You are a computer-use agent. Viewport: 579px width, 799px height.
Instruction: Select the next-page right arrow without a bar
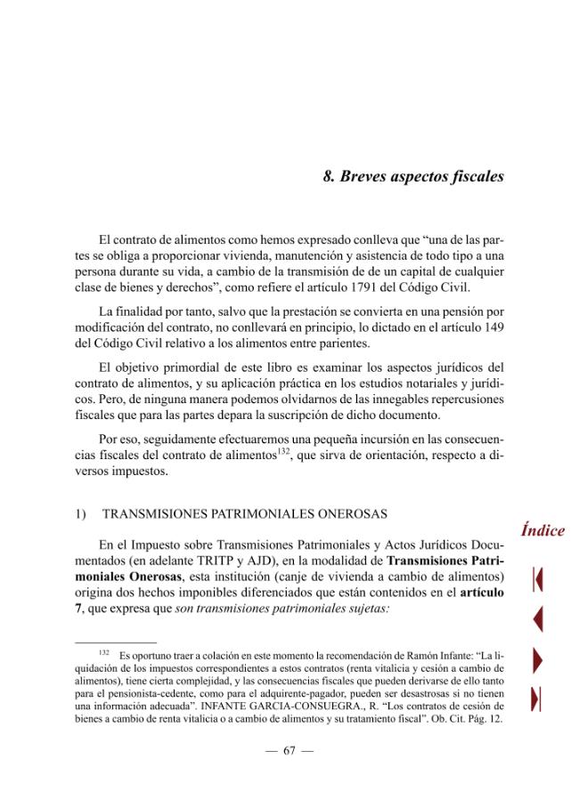[x=537, y=659]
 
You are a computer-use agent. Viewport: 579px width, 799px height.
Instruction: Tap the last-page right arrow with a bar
[x=537, y=699]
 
